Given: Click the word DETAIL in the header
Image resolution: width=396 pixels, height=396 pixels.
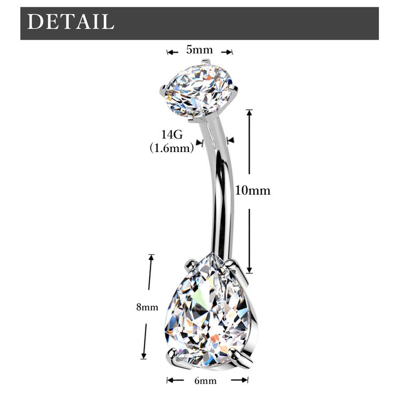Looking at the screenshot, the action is pyautogui.click(x=71, y=21).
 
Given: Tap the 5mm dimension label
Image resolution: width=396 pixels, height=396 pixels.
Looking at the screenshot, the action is pyautogui.click(x=200, y=50).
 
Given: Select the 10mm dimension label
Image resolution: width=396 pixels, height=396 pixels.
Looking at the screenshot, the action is pyautogui.click(x=253, y=191).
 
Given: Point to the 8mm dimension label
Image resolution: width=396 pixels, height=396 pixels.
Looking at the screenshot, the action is pyautogui.click(x=147, y=307).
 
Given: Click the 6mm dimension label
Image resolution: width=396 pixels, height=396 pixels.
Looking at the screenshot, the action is pyautogui.click(x=205, y=380).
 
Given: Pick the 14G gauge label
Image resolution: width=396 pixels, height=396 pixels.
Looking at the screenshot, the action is pyautogui.click(x=172, y=135).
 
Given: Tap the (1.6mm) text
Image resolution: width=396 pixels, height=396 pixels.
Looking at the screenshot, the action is pyautogui.click(x=172, y=148).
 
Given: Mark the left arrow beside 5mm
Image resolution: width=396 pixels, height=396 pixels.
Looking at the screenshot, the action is pyautogui.click(x=172, y=52).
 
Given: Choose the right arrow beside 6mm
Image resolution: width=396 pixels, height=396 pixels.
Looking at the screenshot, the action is pyautogui.click(x=240, y=380).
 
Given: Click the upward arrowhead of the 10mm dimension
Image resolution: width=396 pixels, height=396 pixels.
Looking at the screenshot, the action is pyautogui.click(x=249, y=112).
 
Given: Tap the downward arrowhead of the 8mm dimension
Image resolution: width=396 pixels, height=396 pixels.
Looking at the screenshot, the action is pyautogui.click(x=143, y=355).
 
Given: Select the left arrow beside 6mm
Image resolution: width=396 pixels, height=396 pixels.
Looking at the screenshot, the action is pyautogui.click(x=176, y=380).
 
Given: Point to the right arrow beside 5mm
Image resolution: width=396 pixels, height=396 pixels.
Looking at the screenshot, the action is pyautogui.click(x=227, y=52).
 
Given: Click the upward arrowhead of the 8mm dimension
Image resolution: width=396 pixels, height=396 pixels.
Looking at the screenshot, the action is pyautogui.click(x=151, y=257).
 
